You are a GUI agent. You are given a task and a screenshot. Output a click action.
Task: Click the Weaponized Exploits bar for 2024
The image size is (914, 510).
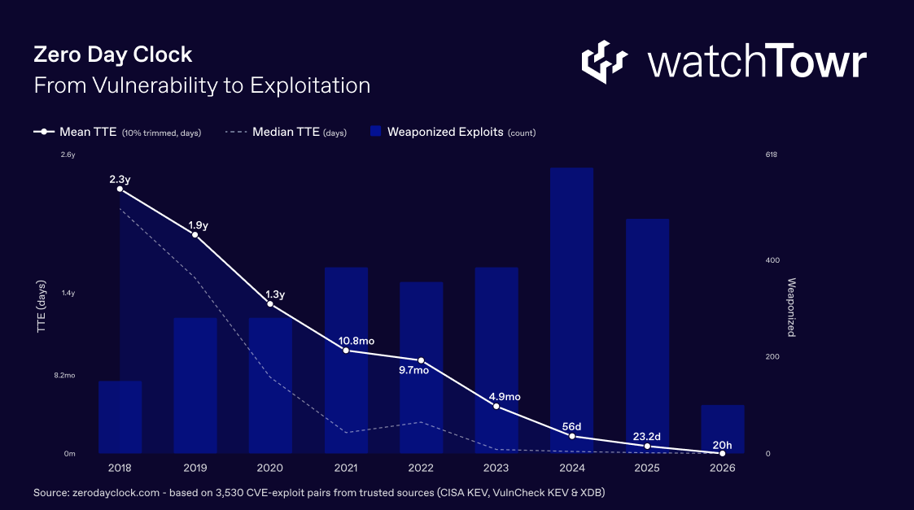[x=571, y=309]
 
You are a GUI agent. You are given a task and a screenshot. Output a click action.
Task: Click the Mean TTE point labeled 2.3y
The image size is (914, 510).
[x=120, y=189]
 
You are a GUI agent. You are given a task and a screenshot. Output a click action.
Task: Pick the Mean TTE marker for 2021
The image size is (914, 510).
[x=346, y=351]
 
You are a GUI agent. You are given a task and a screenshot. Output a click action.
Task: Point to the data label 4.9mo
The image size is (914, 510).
[x=504, y=397]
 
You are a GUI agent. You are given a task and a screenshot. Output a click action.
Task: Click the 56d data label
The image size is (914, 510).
[x=572, y=426]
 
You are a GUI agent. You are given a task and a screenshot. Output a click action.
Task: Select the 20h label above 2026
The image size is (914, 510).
[x=722, y=444]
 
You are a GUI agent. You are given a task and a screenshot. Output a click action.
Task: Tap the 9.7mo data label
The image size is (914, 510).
[x=413, y=370]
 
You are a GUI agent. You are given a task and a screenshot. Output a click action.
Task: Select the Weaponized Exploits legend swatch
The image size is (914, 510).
[x=376, y=132]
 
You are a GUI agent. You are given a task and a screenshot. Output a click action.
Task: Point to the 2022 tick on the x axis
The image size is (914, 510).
[x=421, y=468]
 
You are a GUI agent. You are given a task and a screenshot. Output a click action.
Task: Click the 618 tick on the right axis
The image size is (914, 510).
[x=772, y=155]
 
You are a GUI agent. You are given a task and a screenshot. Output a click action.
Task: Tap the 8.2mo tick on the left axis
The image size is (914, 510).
[x=64, y=375]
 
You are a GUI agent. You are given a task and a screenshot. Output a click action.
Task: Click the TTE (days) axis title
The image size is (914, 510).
[x=42, y=308]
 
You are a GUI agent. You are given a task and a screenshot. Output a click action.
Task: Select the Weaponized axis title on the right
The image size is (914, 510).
[x=790, y=307]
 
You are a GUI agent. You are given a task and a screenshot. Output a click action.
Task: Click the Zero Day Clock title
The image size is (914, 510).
[x=112, y=54]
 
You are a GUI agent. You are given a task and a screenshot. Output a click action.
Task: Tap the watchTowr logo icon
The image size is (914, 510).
[x=604, y=62]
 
